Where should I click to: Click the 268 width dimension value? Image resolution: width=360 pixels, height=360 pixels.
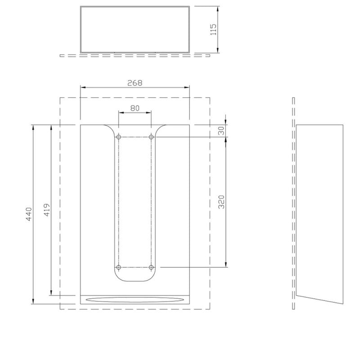(x=135, y=83)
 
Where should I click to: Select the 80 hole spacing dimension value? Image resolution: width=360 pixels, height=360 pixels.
(x=135, y=108)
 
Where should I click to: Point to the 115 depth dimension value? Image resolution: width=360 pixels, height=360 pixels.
(x=213, y=29)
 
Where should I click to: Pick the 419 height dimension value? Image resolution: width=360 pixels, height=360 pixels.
(x=46, y=210)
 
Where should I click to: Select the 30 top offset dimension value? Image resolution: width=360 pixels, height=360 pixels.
(x=220, y=130)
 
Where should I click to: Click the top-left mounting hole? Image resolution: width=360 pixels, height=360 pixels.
(x=119, y=137)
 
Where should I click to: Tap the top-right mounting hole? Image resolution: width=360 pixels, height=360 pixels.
(x=151, y=137)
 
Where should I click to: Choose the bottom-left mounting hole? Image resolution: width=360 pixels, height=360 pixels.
(x=119, y=267)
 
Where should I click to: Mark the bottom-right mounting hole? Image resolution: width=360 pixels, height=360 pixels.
(x=151, y=267)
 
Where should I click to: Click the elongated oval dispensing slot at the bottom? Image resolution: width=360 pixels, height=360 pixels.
(x=135, y=299)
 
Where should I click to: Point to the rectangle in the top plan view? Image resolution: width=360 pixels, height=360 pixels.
(x=135, y=29)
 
